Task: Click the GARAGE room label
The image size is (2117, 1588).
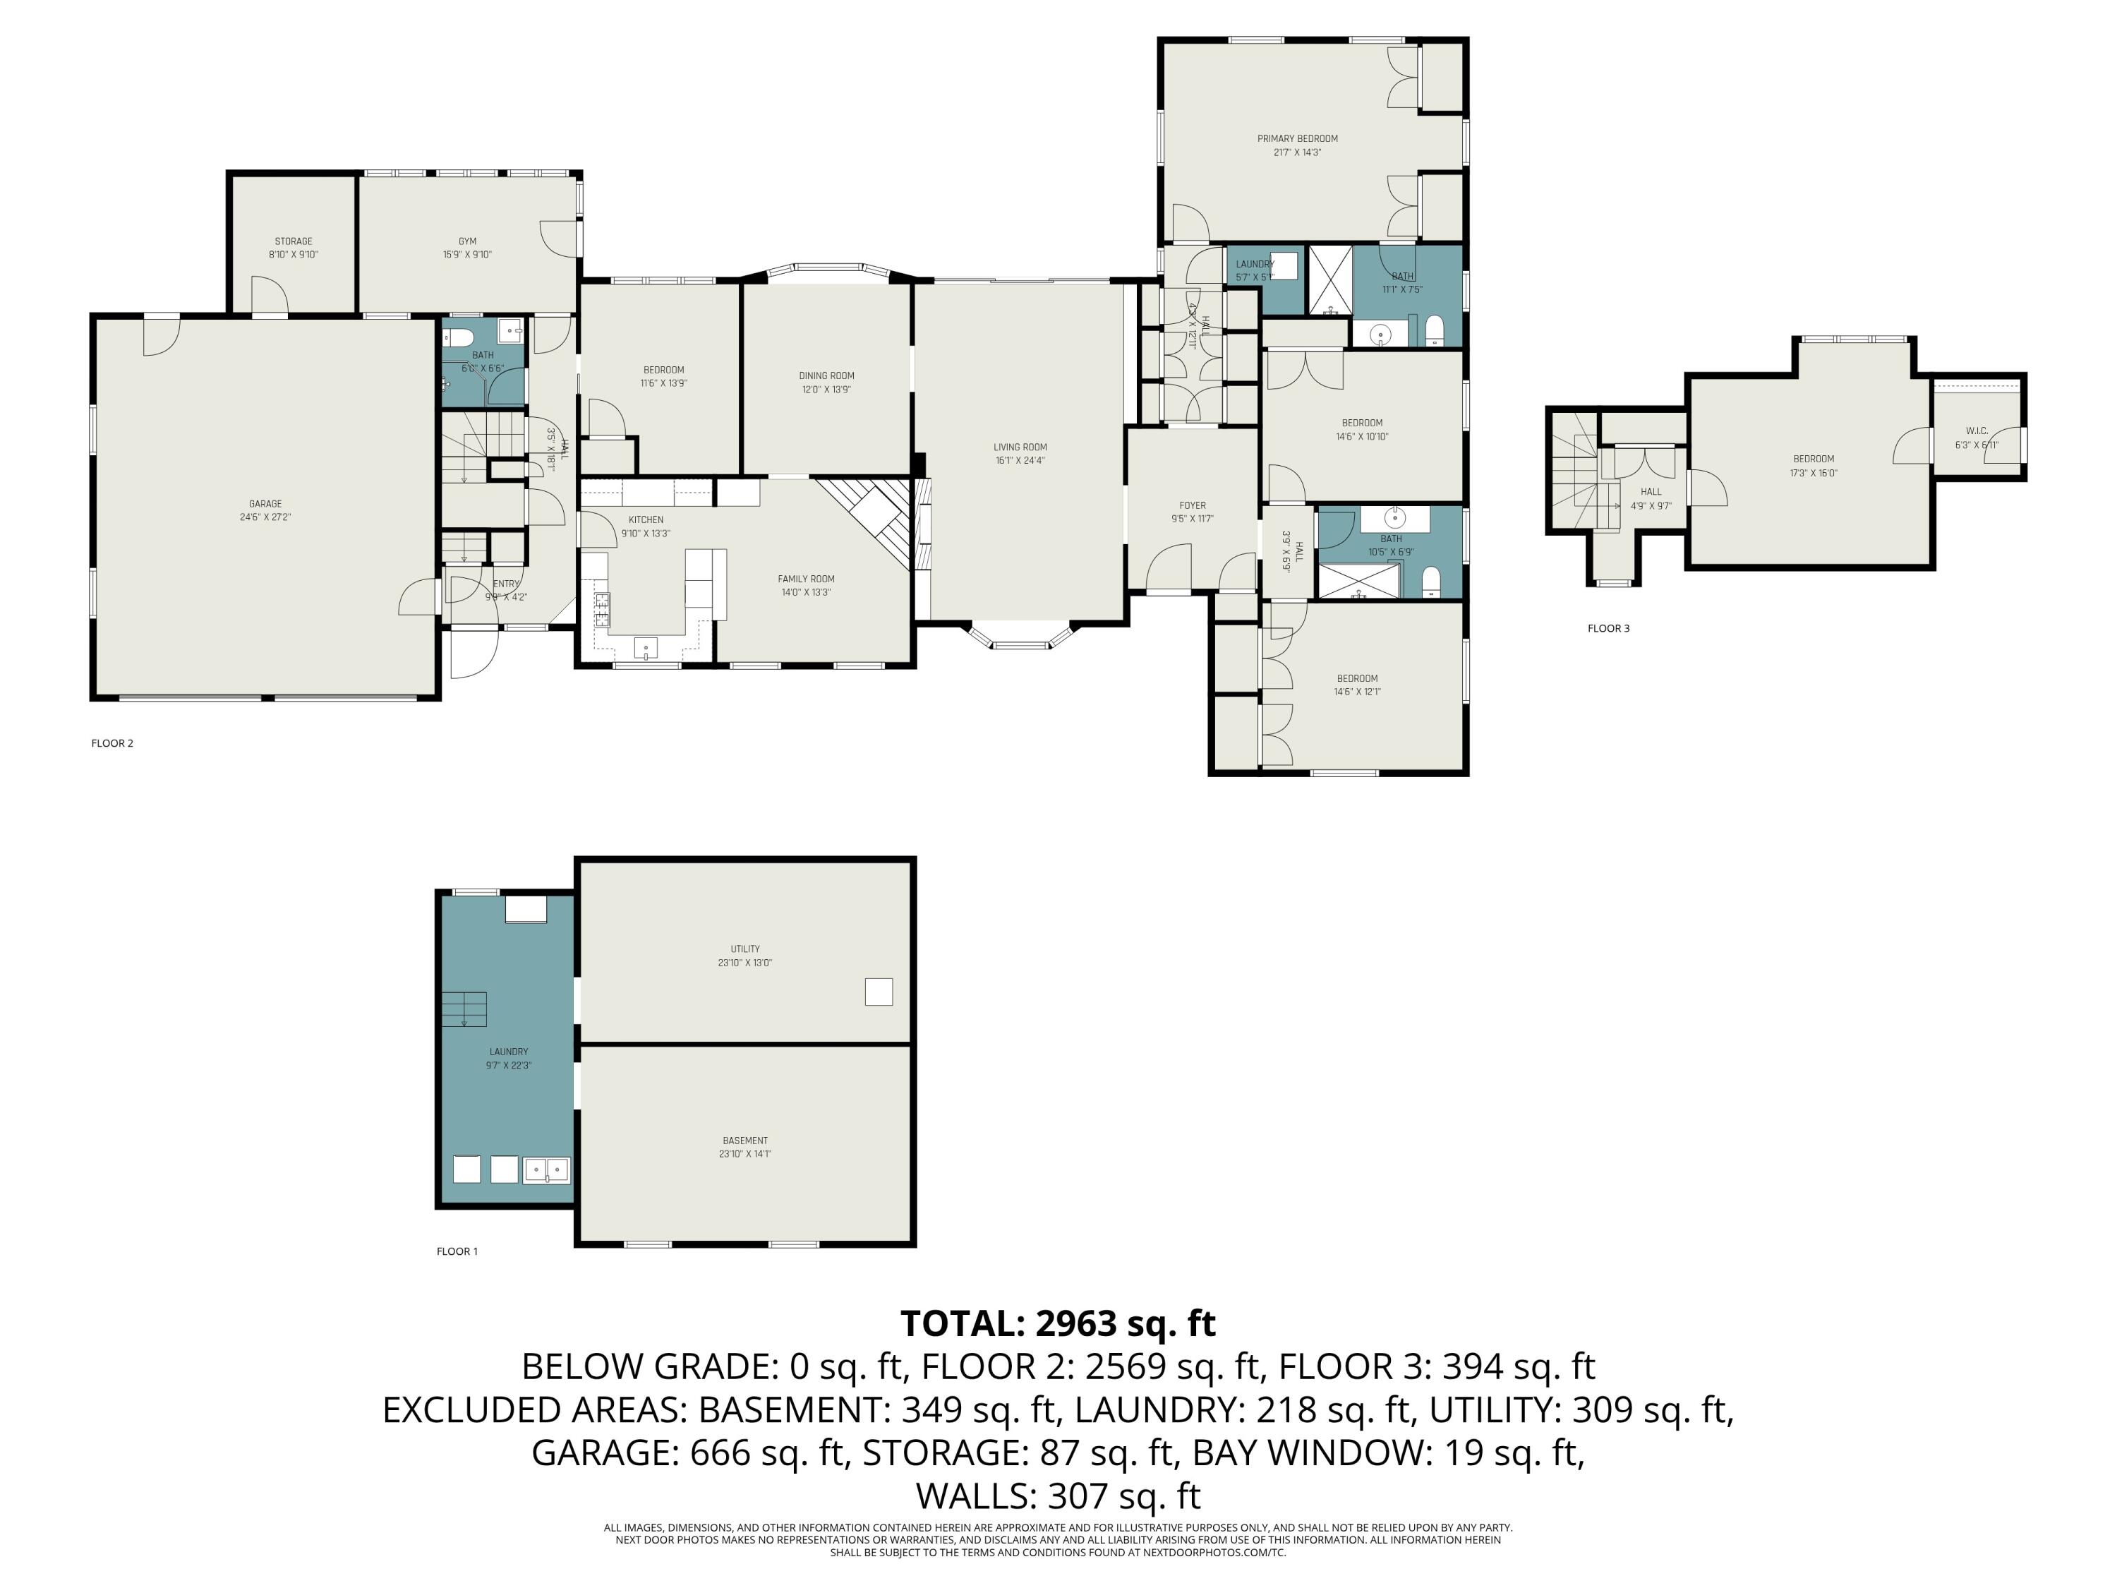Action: click(x=265, y=503)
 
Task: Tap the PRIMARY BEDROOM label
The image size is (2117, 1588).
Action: click(x=1297, y=139)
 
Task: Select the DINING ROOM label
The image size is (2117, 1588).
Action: click(x=826, y=376)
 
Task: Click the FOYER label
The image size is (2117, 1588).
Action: click(x=1193, y=505)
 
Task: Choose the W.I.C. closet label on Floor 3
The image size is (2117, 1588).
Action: click(x=1977, y=431)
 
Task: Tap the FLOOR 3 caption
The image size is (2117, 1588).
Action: click(x=1608, y=629)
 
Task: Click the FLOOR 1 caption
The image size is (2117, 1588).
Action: click(x=457, y=1251)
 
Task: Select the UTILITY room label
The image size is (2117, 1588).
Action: click(x=744, y=949)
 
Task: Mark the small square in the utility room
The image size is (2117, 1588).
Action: click(x=879, y=992)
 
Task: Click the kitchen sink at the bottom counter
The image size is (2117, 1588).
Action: click(x=646, y=648)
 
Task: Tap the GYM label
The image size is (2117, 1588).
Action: click(x=467, y=241)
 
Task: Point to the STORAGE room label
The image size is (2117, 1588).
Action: click(x=293, y=241)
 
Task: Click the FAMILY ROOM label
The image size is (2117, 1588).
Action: click(x=806, y=579)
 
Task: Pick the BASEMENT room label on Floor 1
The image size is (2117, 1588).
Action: click(x=744, y=1141)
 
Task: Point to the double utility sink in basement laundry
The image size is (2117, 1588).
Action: click(x=546, y=1169)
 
